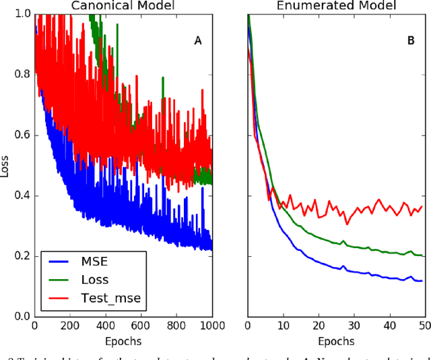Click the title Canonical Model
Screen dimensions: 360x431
click(123, 5)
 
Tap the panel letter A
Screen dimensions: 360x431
click(198, 41)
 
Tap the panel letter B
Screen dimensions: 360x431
click(411, 41)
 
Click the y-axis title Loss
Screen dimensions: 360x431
click(5, 165)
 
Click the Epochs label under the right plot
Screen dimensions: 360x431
click(337, 341)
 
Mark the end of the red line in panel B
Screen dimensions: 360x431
click(422, 206)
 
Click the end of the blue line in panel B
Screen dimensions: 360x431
click(422, 281)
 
